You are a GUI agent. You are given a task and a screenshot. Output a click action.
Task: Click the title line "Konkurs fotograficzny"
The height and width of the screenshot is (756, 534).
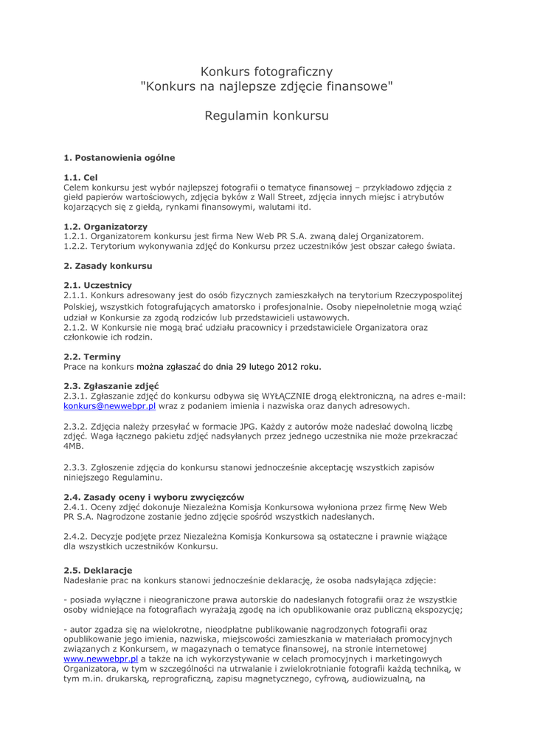tap(266, 72)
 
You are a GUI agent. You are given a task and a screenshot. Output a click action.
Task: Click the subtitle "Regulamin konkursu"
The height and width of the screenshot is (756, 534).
tap(266, 116)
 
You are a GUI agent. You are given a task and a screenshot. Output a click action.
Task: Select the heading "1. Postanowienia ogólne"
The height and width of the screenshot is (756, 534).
tap(119, 157)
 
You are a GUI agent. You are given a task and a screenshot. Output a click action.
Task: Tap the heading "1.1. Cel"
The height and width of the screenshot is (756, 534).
tap(80, 178)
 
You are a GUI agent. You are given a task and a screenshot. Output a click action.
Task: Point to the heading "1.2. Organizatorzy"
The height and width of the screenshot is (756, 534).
tap(105, 226)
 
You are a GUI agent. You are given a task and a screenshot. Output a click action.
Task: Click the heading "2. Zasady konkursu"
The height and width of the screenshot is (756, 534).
tap(108, 265)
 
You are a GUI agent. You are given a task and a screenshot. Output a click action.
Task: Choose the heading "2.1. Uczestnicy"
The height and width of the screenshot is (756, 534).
tap(98, 285)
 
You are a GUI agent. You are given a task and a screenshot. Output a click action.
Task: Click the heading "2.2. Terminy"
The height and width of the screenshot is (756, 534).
tap(92, 357)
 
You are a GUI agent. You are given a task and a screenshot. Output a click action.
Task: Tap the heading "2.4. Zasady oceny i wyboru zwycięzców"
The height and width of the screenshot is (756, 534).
tap(154, 497)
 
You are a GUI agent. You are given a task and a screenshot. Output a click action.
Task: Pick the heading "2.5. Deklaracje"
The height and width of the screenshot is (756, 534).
tap(98, 570)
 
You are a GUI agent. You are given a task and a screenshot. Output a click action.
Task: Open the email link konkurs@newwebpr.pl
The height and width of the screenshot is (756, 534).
tap(110, 406)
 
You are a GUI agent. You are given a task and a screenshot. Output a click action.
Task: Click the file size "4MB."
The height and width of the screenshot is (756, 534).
tap(74, 447)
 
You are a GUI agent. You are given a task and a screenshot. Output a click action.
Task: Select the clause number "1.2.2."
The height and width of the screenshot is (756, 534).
tap(76, 246)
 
